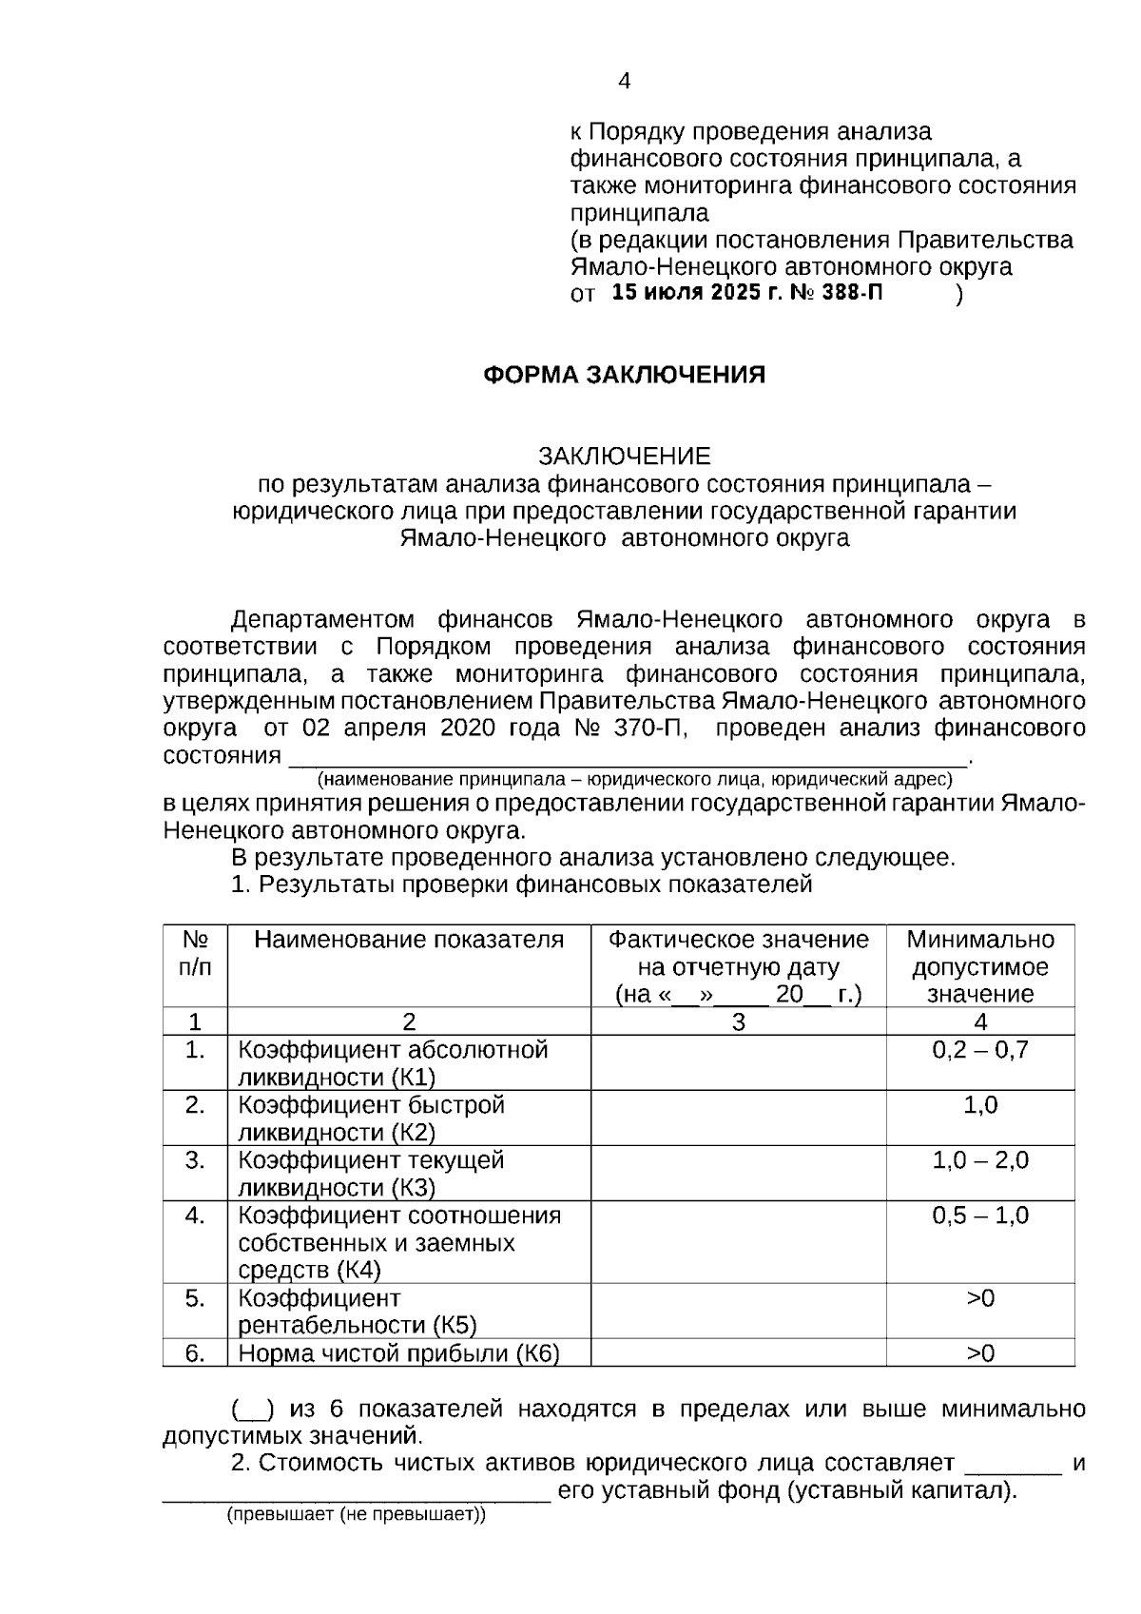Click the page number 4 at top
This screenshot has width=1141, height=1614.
[x=624, y=82]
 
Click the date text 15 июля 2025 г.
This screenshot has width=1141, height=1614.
[x=698, y=293]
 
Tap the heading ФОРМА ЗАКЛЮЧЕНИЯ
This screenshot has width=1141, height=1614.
[x=624, y=375]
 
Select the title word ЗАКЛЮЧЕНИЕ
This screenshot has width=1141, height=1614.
[x=624, y=457]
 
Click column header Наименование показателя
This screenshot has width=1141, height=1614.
[x=409, y=940]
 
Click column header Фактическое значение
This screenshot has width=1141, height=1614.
[x=738, y=940]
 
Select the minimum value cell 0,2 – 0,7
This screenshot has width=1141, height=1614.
[x=979, y=1050]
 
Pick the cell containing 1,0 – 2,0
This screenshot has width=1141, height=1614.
[x=979, y=1160]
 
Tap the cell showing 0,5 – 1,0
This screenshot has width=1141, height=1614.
[x=979, y=1215]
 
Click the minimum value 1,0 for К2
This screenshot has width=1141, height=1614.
[x=979, y=1105]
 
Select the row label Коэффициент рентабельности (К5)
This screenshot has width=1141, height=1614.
[x=358, y=1312]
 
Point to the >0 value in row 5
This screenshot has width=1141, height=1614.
[x=979, y=1298]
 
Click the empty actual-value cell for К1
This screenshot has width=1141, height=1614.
[x=738, y=1062]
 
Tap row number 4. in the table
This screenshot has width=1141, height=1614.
[x=195, y=1215]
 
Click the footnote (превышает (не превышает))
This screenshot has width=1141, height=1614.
[x=355, y=1515]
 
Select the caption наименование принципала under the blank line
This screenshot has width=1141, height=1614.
[x=635, y=780]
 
